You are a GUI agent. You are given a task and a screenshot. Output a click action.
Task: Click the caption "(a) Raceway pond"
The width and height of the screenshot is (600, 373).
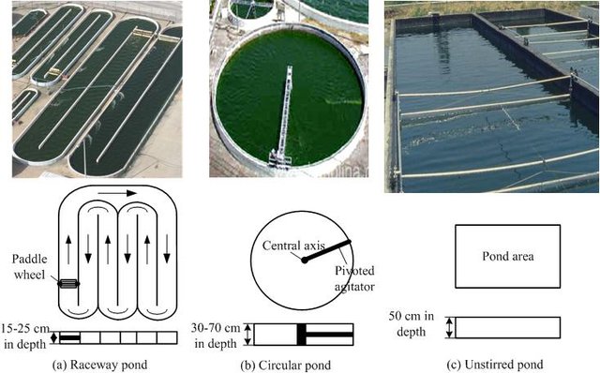[99, 365]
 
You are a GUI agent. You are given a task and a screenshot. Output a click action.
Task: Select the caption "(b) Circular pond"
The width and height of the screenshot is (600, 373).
[285, 365]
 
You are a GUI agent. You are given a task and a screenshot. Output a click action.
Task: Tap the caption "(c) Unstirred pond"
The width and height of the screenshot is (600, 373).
[495, 365]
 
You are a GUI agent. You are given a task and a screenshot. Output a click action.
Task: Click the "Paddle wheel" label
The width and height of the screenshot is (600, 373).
[29, 267]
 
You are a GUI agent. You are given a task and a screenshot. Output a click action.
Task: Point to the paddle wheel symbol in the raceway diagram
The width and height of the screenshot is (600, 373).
[68, 283]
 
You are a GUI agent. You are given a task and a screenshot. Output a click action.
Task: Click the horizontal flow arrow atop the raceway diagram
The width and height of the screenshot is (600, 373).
[117, 193]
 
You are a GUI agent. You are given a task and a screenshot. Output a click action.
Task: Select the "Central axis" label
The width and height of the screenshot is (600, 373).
[293, 246]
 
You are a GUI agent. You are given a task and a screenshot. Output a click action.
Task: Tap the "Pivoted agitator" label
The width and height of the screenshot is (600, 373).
[354, 278]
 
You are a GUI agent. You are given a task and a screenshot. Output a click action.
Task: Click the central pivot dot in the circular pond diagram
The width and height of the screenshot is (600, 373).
[304, 261]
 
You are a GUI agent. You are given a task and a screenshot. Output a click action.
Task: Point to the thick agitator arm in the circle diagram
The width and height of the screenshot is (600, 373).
[327, 251]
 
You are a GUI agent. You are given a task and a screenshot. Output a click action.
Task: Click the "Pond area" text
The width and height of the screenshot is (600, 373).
[508, 256]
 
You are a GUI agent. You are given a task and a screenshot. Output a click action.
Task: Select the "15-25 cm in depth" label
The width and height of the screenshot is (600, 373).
[25, 336]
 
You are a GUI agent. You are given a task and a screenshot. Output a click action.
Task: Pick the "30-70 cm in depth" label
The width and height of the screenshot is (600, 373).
[216, 336]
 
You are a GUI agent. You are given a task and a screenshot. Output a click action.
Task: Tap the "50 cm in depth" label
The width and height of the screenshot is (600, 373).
[412, 323]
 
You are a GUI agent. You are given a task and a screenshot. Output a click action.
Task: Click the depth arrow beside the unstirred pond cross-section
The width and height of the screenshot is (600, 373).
[450, 327]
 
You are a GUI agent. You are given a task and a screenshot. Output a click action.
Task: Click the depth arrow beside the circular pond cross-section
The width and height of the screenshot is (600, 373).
[248, 335]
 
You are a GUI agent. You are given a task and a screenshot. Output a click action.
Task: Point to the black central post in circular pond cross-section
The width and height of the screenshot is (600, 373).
[302, 335]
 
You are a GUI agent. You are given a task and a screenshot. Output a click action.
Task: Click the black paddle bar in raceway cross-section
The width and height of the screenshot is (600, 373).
[69, 337]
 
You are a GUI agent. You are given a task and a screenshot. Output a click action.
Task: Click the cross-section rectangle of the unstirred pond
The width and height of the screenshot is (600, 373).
[508, 327]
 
